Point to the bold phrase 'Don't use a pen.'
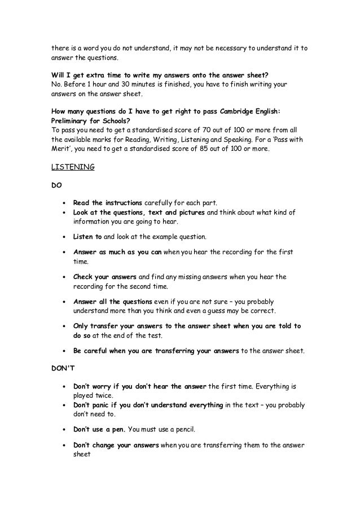coord(101,429)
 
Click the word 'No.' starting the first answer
coord(56,84)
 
